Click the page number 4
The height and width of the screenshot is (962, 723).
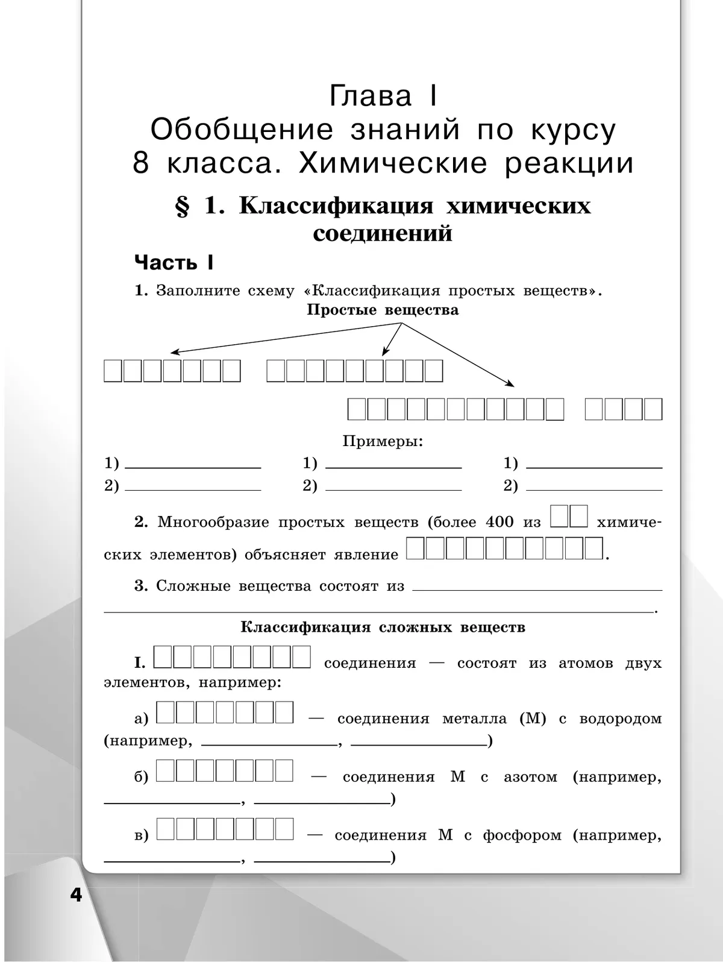click(76, 894)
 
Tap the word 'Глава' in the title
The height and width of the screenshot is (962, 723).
click(371, 97)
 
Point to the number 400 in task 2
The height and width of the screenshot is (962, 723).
click(499, 522)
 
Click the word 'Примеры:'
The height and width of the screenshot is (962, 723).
click(383, 441)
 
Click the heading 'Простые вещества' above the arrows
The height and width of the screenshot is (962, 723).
click(383, 310)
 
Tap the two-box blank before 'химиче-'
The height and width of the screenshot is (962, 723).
click(569, 518)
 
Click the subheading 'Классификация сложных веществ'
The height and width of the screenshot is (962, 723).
click(383, 627)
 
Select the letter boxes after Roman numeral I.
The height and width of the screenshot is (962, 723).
click(233, 658)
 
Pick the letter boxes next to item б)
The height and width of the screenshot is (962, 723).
click(225, 771)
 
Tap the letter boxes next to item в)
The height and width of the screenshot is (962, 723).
click(225, 829)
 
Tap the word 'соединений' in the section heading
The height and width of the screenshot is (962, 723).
click(383, 234)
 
